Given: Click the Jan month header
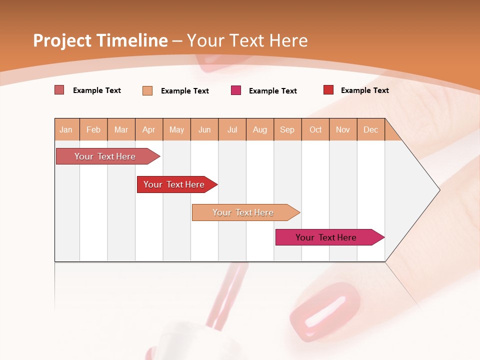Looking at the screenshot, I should pos(66,129).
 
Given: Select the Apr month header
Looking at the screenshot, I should pos(149,129).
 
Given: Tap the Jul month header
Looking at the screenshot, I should pos(232,129).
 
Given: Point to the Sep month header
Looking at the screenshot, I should pos(287,129).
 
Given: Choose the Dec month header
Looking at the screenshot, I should pos(370,129).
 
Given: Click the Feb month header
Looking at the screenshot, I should pos(93,129).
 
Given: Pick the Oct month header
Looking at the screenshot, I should pos(315,129).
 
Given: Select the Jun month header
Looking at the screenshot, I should pos(204,129).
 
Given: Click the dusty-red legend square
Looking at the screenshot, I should pos(59,90).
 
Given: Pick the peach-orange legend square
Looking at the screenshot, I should pos(147,90).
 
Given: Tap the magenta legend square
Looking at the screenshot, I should pos(236,90).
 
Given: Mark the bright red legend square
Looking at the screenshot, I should pos(328,90).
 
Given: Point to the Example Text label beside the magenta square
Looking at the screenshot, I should pos(272,90).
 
